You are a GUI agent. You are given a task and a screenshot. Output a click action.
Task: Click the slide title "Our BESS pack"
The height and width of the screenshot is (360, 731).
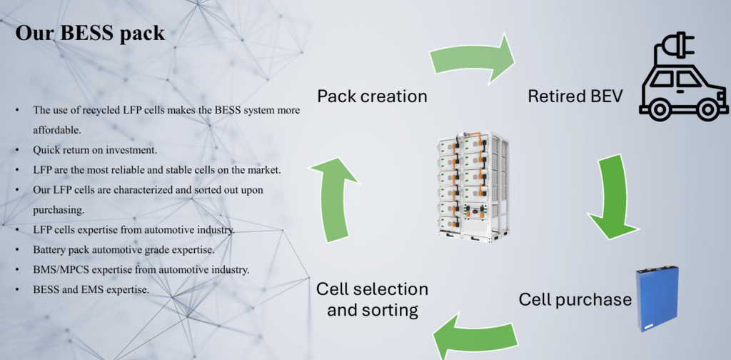pos(90,34)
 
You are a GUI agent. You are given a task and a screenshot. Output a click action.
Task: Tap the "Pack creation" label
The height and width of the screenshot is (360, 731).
pos(372,96)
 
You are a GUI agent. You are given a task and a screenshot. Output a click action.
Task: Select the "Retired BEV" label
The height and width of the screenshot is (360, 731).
pos(575,96)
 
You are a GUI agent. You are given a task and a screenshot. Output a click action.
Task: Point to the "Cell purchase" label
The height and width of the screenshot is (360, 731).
pos(575,299)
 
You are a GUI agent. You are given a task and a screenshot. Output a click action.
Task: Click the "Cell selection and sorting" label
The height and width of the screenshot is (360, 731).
pos(372,299)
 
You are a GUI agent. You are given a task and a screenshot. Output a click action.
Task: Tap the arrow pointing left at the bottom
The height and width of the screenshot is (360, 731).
pos(475,336)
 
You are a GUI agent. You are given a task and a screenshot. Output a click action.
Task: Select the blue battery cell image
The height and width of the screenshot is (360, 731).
pos(657,299)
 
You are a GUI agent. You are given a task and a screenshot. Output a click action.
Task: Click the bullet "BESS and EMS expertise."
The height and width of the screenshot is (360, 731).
pos(91,289)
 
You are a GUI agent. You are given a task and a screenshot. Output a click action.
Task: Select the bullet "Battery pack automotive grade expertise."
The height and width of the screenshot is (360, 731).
pos(123,250)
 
